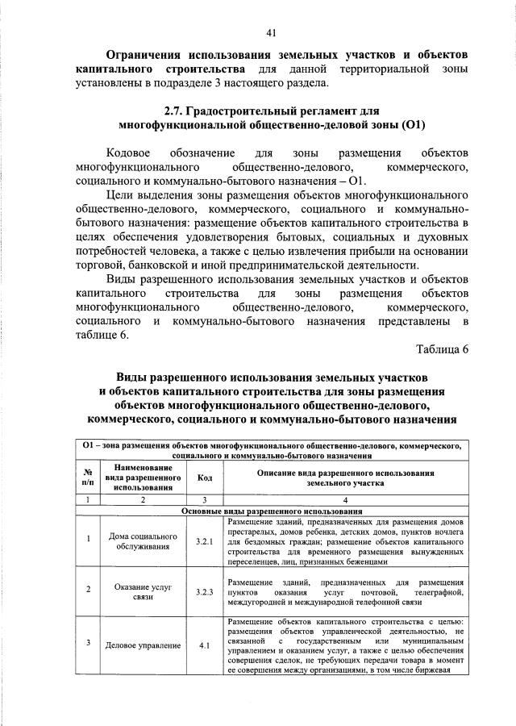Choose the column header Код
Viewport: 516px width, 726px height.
point(205,478)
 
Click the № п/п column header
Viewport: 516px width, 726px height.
point(86,478)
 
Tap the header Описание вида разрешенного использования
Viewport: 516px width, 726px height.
point(346,473)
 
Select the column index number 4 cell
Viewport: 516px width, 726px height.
point(346,500)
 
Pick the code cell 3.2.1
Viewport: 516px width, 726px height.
point(205,541)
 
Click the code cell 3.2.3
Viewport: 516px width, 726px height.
point(205,592)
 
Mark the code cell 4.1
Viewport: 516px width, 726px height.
point(205,645)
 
